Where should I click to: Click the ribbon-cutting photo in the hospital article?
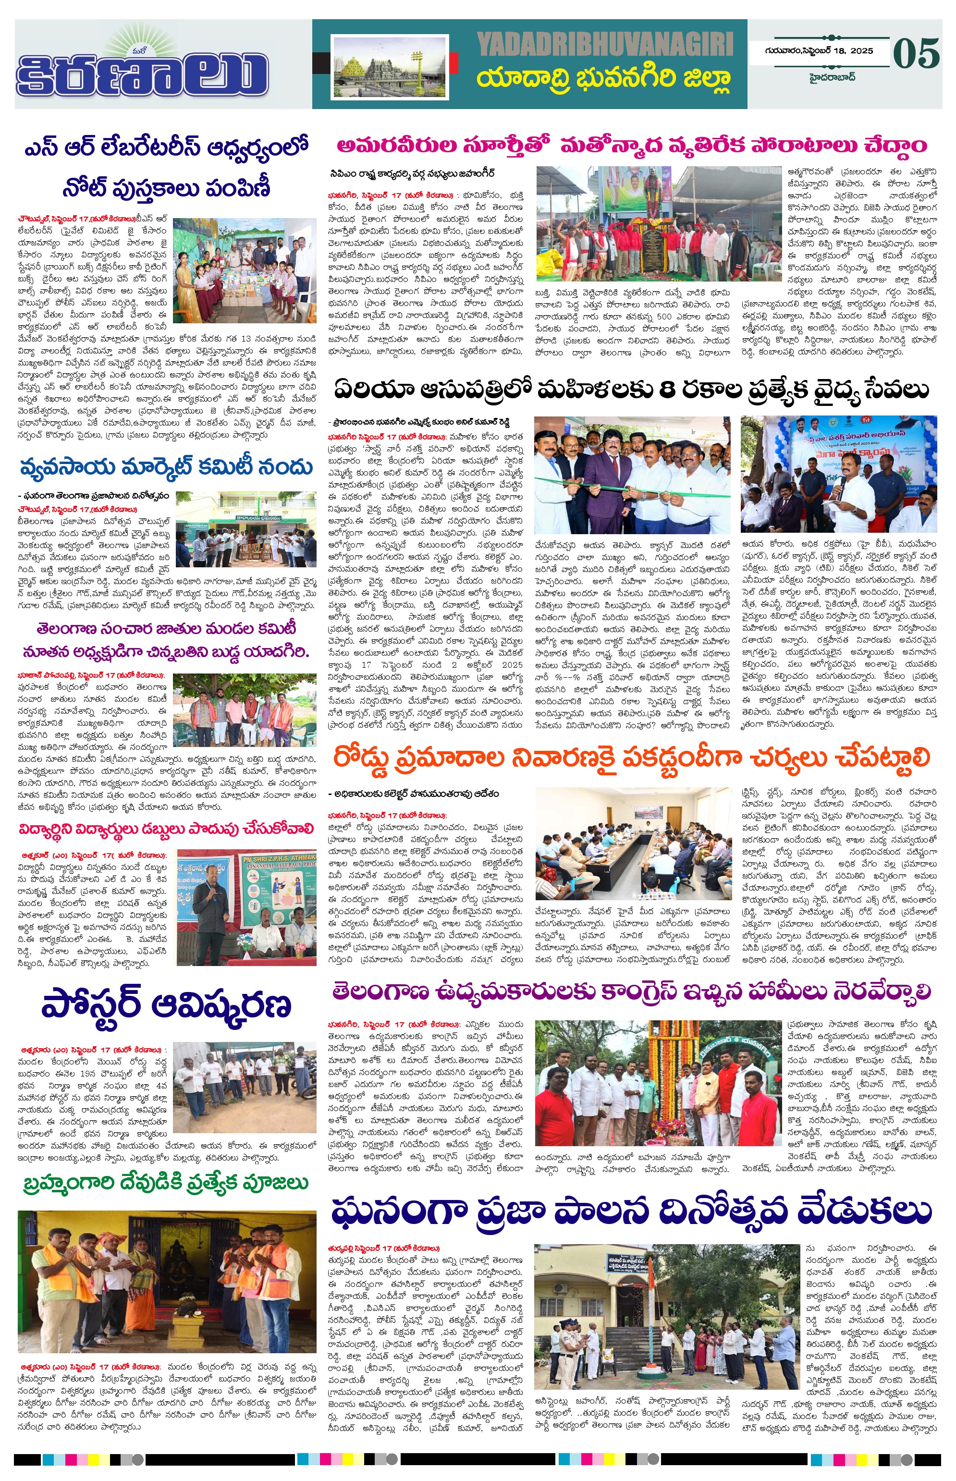(x=631, y=475)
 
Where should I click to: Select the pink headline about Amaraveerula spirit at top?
(x=631, y=146)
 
